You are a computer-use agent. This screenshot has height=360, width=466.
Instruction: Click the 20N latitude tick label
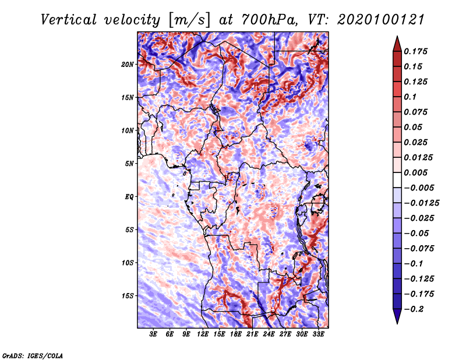(128, 64)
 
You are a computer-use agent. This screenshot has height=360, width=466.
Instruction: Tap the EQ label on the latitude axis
(129, 197)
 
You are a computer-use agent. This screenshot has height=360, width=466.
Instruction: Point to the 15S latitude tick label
(128, 296)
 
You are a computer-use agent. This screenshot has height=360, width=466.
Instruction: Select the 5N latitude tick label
(129, 164)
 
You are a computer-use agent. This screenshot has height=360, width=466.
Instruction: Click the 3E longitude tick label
(154, 334)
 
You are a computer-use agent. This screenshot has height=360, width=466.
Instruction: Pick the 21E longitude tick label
(252, 334)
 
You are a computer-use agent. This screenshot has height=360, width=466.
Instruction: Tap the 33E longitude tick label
(318, 334)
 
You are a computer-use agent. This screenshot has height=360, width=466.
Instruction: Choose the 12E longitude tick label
(203, 334)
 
